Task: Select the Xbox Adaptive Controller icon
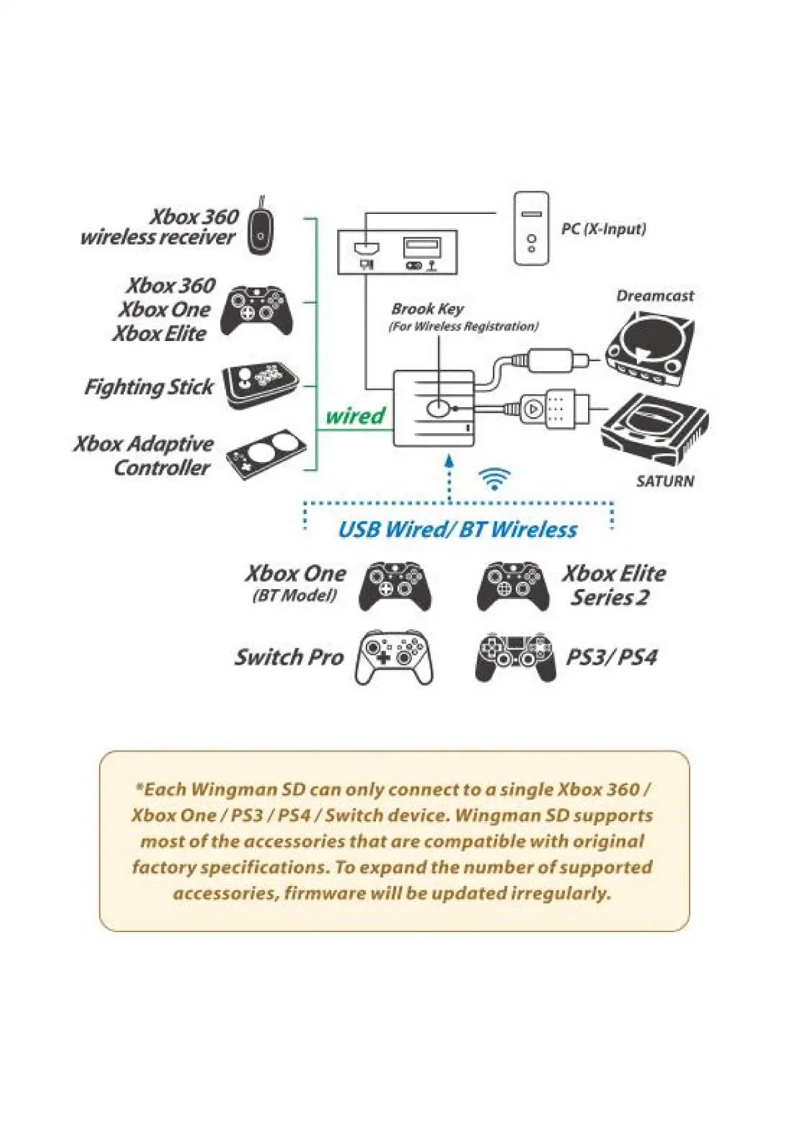pyautogui.click(x=266, y=455)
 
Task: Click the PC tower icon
pyautogui.click(x=531, y=228)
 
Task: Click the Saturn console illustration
pyautogui.click(x=654, y=427)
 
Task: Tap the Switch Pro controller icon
pyautogui.click(x=393, y=657)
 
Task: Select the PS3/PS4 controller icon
pyautogui.click(x=515, y=657)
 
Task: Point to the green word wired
pyautogui.click(x=355, y=416)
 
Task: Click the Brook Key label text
pyautogui.click(x=428, y=309)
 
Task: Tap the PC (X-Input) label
pyautogui.click(x=603, y=229)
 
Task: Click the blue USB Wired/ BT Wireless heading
pyautogui.click(x=458, y=530)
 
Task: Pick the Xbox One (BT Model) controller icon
pyautogui.click(x=395, y=586)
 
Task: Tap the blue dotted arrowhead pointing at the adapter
pyautogui.click(x=449, y=461)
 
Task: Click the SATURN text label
pyautogui.click(x=665, y=481)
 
